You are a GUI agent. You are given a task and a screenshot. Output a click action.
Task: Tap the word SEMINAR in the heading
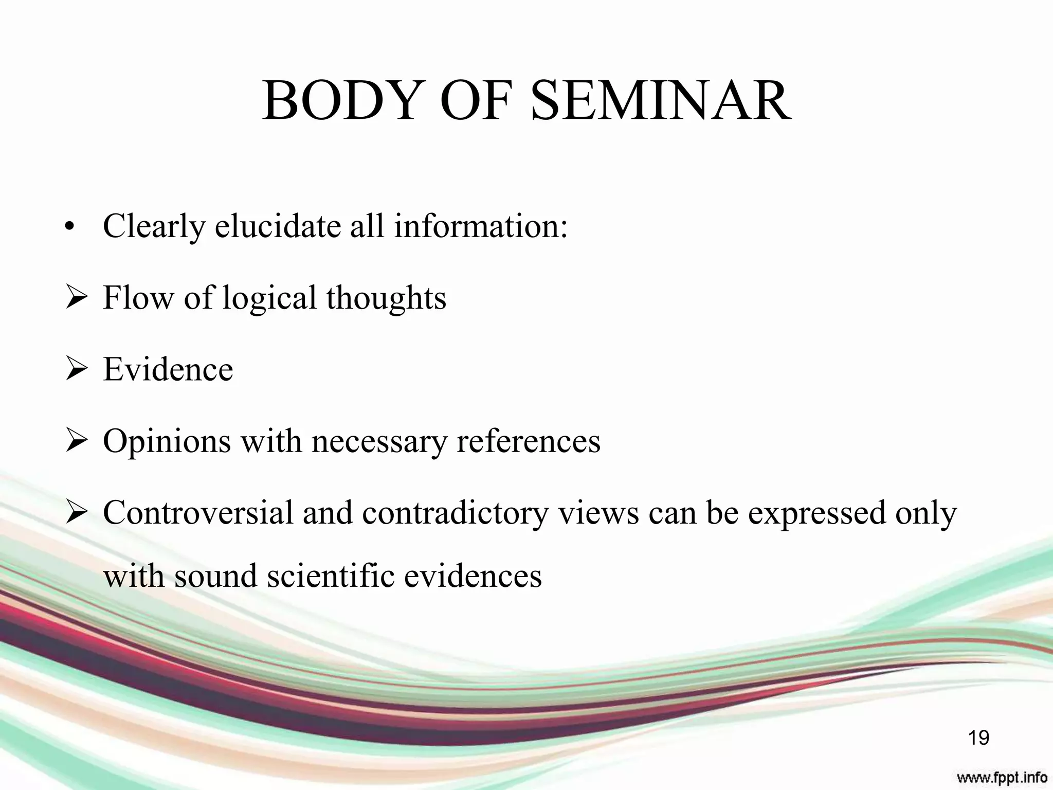click(x=661, y=101)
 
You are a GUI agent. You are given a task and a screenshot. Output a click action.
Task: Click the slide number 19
click(x=978, y=738)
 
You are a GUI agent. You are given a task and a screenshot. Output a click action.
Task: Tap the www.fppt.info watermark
click(x=1002, y=777)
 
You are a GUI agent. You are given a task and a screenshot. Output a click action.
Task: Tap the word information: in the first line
click(x=481, y=226)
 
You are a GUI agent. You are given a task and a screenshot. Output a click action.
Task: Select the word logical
click(x=269, y=298)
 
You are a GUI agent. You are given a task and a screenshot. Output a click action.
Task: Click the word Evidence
click(x=168, y=370)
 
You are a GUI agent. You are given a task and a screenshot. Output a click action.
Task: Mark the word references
click(x=528, y=441)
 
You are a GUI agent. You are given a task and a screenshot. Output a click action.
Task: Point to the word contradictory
click(x=456, y=513)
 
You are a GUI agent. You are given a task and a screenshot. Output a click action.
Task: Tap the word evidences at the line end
click(x=473, y=576)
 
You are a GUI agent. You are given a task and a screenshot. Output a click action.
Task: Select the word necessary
click(x=379, y=441)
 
